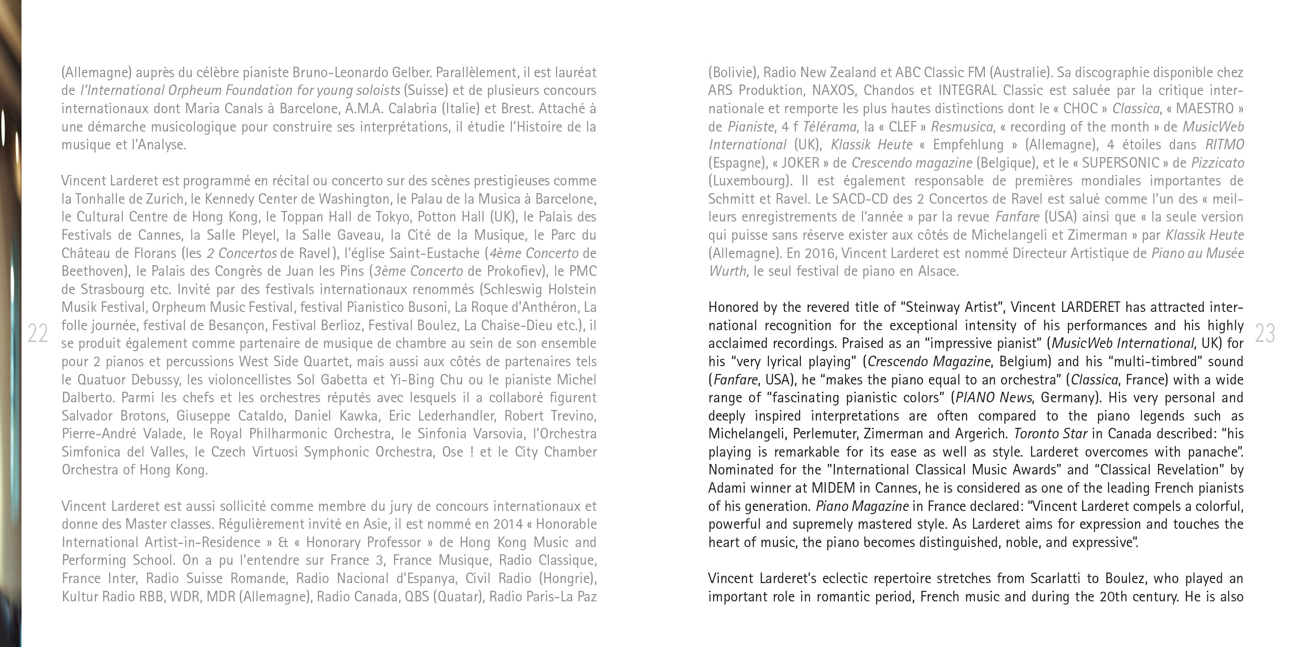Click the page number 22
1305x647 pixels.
pos(37,333)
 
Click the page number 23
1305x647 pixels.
pos(1264,333)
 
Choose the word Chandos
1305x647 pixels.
pos(889,90)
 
